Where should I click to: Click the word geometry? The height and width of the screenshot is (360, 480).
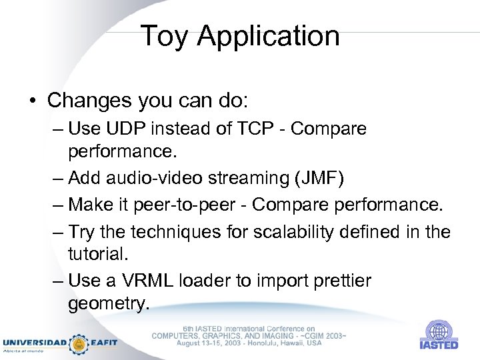pyautogui.click(x=107, y=305)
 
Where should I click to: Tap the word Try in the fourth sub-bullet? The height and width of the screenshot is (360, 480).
pyautogui.click(x=82, y=231)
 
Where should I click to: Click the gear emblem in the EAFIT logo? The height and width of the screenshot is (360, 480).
pyautogui.click(x=79, y=343)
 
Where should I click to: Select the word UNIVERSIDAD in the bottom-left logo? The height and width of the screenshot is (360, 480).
pyautogui.click(x=35, y=343)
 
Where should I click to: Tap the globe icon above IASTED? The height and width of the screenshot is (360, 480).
pyautogui.click(x=438, y=331)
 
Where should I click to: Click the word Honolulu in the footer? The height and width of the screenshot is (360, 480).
pyautogui.click(x=249, y=343)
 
